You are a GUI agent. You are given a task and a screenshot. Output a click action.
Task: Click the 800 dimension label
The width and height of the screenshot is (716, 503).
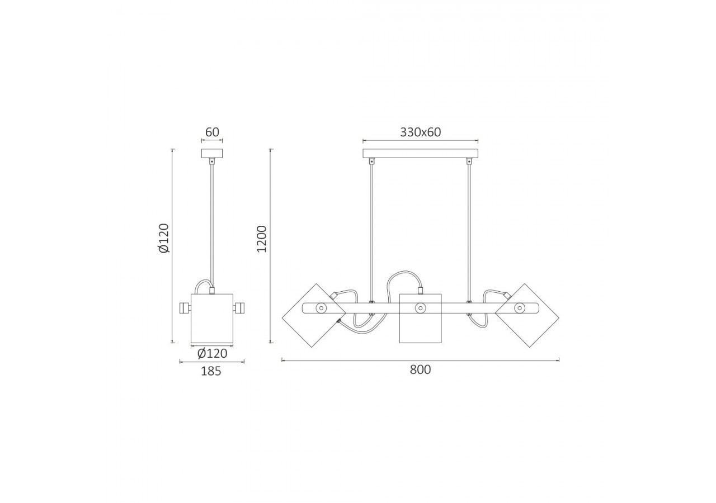pos(420,370)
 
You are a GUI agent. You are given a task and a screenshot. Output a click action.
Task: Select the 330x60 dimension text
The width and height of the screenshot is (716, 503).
pos(420,132)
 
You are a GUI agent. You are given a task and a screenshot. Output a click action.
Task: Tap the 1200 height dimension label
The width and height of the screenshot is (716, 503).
pos(262,239)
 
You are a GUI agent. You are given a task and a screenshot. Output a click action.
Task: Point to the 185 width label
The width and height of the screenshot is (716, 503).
pos(211,372)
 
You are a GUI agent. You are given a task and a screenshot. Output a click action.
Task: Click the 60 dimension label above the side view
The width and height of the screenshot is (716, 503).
pos(212,132)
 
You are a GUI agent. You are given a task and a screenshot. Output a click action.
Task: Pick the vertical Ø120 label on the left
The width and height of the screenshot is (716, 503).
pos(164,238)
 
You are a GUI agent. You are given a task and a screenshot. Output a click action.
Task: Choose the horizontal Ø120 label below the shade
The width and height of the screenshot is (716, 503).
pos(212,354)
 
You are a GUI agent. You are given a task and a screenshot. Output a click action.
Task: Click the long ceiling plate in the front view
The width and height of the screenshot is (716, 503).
pos(420,153)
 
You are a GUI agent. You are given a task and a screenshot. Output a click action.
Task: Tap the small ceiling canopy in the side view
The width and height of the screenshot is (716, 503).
pos(211,153)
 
